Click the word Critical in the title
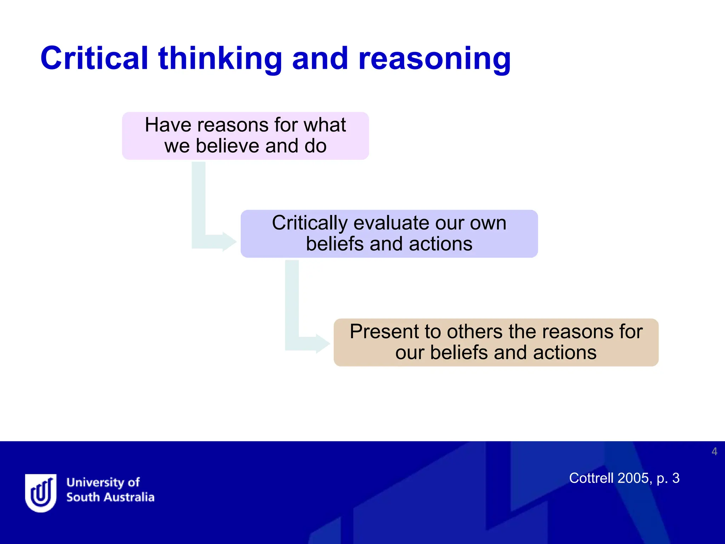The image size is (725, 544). (94, 58)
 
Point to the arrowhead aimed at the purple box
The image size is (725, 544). (229, 242)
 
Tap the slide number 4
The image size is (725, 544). (714, 452)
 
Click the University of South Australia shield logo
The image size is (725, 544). (41, 493)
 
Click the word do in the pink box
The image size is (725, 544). (315, 146)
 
